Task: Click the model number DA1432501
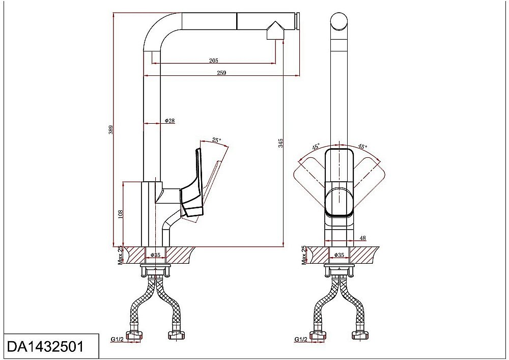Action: click(45, 346)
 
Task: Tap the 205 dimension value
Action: click(214, 61)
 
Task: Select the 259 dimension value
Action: click(221, 73)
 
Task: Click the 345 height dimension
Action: click(281, 143)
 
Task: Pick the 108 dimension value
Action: click(121, 214)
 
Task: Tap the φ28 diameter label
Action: click(170, 121)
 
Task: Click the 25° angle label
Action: click(216, 140)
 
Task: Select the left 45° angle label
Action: click(316, 147)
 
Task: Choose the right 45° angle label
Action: click(362, 147)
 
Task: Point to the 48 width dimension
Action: click(363, 238)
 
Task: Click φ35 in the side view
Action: click(155, 255)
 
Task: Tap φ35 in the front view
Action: click(339, 255)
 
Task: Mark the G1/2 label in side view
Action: click(117, 340)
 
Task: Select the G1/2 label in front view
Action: click(301, 340)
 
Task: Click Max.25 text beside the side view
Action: click(120, 255)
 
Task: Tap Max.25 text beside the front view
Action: click(304, 255)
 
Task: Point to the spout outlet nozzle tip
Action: click(275, 31)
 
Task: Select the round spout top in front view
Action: click(339, 21)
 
